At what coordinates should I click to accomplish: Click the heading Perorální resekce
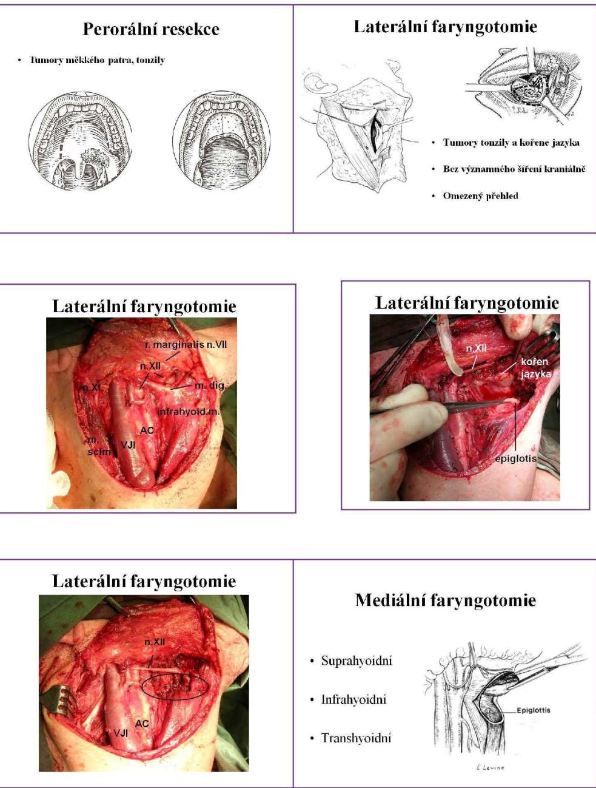point(150,29)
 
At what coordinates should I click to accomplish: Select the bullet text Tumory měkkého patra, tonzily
point(97,60)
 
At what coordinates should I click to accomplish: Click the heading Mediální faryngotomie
point(445,600)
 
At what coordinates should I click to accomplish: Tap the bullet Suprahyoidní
point(357,661)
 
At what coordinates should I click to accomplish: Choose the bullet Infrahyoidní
point(353,699)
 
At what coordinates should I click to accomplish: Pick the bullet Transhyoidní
point(356,738)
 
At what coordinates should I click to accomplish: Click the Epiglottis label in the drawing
point(534,710)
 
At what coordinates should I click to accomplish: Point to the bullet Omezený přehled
point(480,195)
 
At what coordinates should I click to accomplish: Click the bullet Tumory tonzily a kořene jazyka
point(511,143)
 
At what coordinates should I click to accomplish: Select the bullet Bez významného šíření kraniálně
point(514,169)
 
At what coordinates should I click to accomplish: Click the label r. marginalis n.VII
point(186,345)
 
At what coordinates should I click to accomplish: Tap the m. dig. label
point(209,386)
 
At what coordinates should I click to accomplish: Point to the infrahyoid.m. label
point(188,412)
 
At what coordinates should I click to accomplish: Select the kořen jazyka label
point(535,368)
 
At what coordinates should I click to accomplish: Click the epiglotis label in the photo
point(515,458)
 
